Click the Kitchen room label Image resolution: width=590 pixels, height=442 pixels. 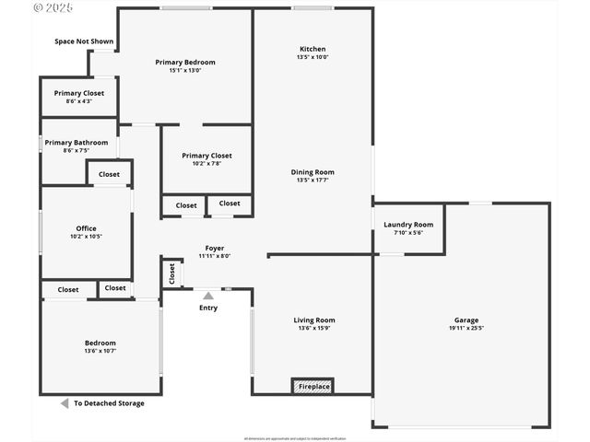pos(313,49)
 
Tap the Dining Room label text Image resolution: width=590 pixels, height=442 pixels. pos(313,172)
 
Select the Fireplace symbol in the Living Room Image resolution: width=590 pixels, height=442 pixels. pos(313,387)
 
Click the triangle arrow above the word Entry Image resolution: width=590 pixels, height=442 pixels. pos(208,296)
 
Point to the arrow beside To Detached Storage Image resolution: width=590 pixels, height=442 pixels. pos(65,403)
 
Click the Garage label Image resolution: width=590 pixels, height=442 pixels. pos(466,320)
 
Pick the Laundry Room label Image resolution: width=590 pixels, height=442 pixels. pos(408,225)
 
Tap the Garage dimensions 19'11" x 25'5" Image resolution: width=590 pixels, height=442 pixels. pos(466,329)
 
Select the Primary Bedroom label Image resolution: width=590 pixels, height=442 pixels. pos(185,63)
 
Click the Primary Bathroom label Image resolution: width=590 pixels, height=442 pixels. pos(77,143)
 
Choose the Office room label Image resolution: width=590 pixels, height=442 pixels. pos(86,228)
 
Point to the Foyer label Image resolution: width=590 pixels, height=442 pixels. pos(214,249)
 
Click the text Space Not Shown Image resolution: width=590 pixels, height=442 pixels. pos(84,41)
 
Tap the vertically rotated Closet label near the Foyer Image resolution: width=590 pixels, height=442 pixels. pos(171,273)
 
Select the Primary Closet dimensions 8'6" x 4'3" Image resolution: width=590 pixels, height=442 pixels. pos(78,101)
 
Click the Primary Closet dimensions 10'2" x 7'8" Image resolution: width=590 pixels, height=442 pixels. pos(206,164)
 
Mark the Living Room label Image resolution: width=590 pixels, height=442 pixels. pos(314,320)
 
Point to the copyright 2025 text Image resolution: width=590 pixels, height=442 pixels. pos(53,7)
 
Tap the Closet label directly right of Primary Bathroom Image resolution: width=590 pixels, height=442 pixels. pos(109,174)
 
